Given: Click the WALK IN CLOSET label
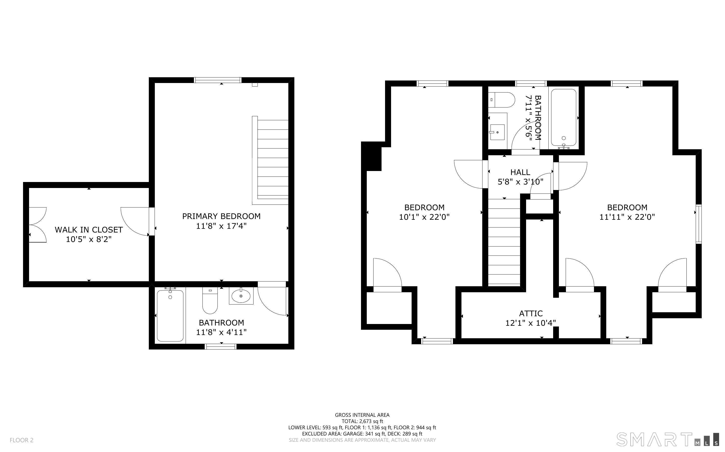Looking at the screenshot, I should tap(89, 229).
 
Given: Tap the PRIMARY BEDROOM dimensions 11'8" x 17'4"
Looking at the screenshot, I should tap(221, 226).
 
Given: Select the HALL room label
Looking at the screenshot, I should tap(520, 172).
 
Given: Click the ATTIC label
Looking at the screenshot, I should tap(531, 313).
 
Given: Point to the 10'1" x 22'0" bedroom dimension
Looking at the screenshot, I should tap(424, 217).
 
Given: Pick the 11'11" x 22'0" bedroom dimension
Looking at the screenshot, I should tap(627, 217).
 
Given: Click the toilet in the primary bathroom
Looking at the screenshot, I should tap(210, 300).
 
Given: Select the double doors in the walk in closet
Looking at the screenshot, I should tap(37, 224).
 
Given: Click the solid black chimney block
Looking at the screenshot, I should tap(371, 156).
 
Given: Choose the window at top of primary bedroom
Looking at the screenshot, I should tap(218, 80).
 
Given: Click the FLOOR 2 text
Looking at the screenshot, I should tap(22, 440).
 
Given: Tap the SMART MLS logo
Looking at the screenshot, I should tap(667, 439).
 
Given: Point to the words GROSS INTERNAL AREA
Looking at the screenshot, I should tap(362, 415).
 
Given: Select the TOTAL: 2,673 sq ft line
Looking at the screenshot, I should tap(362, 421).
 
